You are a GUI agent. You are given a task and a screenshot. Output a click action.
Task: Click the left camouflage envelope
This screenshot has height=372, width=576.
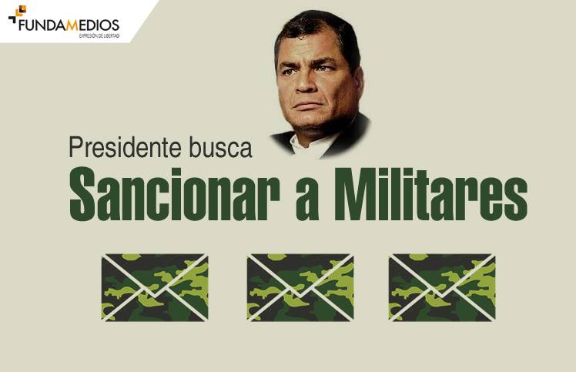click(x=154, y=287)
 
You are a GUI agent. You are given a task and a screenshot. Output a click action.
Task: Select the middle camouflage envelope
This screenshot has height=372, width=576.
click(x=300, y=287)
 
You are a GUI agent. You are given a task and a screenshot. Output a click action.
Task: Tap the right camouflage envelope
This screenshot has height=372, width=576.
click(x=441, y=287)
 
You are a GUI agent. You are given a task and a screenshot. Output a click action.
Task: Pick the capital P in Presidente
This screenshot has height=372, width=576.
click(x=75, y=148)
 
